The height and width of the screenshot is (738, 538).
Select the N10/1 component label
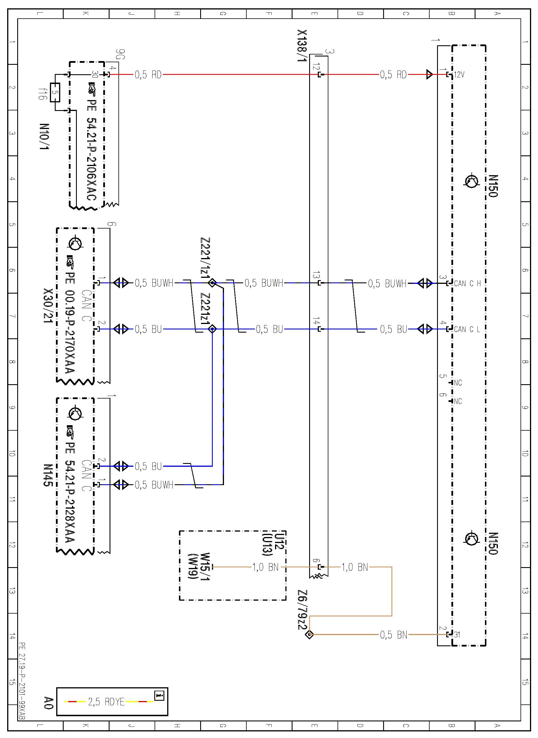point(44,136)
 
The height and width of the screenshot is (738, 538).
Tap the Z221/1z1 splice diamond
point(212,283)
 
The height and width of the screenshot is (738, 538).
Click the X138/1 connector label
point(302,46)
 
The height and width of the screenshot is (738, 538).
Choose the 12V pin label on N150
point(459,75)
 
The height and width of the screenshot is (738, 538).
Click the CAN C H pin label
point(467,283)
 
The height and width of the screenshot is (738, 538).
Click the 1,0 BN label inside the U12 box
point(266,567)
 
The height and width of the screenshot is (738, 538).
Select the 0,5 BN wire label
point(393,635)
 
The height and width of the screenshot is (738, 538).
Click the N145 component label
point(48,475)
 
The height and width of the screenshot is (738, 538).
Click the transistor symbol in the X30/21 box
point(75,243)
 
